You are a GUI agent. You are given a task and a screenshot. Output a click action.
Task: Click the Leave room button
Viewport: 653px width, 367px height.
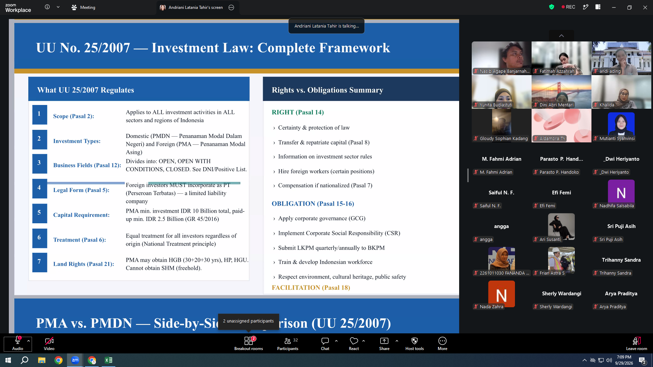(636, 343)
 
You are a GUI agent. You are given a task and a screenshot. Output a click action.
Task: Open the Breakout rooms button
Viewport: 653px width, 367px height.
(249, 343)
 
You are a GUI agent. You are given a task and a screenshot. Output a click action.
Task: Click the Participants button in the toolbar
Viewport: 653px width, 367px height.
(288, 343)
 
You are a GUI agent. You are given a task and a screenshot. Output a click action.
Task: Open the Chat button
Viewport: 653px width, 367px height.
(325, 343)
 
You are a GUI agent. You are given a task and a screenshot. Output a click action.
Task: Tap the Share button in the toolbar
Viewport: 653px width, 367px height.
(384, 343)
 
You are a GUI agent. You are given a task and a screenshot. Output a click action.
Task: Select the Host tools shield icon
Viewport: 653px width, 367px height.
(415, 341)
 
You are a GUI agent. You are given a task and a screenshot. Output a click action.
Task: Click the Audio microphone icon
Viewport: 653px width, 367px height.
(18, 340)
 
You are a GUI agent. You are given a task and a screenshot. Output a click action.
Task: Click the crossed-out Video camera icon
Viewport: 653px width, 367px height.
(49, 341)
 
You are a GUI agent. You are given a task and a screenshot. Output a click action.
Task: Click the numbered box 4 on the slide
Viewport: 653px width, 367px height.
(39, 188)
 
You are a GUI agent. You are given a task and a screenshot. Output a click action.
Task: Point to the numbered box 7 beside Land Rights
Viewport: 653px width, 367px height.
(39, 262)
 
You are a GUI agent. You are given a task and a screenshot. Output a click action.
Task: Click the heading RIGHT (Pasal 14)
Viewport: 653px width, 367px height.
(298, 112)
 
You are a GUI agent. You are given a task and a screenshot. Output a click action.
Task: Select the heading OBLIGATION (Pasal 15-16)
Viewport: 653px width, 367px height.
(313, 204)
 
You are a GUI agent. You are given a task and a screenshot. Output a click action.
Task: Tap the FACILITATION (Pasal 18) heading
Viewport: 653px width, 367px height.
(311, 288)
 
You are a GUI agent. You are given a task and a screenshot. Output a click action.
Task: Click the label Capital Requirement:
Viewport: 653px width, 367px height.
(81, 215)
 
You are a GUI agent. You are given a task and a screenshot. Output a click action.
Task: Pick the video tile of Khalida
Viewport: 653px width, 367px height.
(621, 92)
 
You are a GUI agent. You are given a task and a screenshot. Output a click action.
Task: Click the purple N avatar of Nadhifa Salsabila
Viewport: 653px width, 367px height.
(621, 192)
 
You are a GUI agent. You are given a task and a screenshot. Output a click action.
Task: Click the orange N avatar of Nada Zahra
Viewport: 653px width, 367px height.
(501, 294)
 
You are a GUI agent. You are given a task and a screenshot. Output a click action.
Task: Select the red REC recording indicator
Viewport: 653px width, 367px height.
(568, 7)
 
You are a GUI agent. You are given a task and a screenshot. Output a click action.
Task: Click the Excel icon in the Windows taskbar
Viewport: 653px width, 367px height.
(108, 360)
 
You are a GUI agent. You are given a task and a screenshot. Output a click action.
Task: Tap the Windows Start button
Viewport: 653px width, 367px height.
(8, 360)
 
